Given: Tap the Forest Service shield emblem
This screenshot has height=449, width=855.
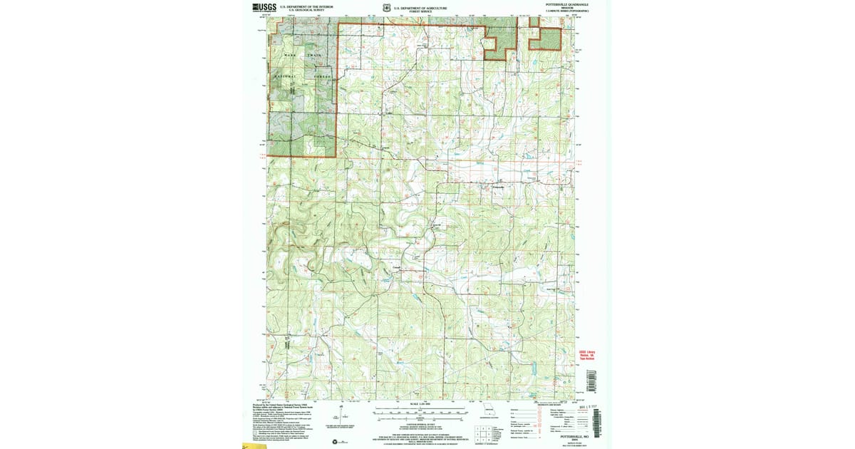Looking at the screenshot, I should coord(385,8).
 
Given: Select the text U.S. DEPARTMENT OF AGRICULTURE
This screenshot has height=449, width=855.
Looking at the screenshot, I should coord(420,6).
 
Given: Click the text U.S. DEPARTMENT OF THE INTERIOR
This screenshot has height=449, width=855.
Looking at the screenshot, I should coord(306,6).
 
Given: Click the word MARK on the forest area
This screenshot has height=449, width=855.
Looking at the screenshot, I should coord(289,55).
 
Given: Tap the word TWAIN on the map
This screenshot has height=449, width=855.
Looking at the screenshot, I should coord(314,55).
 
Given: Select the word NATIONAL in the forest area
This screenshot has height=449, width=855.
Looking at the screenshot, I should coord(283,75).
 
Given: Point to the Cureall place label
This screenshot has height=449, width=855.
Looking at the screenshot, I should coord(397,267).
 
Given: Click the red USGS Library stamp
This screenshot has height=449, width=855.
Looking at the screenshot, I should coord(587,354).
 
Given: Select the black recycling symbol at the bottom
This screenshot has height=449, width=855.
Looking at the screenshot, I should coord(336,443).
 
